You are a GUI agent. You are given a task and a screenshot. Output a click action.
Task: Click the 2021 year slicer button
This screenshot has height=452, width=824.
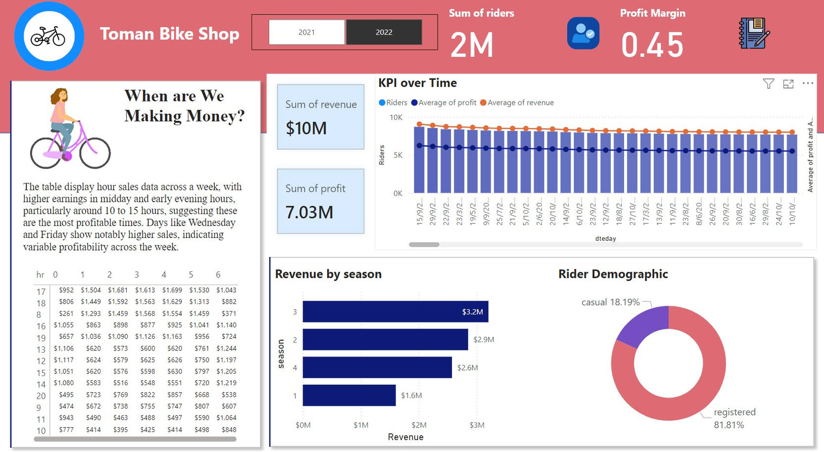point(306,32)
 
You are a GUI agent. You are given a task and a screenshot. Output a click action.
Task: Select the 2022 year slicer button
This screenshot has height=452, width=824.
point(384,32)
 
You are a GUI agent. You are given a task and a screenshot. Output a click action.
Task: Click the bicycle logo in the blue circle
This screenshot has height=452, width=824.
point(48,36)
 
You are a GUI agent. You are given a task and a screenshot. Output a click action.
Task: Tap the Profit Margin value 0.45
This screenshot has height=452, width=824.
point(652,45)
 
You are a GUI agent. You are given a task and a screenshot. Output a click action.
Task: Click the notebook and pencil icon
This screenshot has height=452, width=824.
point(754,33)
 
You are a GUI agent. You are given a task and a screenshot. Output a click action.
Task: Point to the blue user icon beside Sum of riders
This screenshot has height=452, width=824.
point(583,33)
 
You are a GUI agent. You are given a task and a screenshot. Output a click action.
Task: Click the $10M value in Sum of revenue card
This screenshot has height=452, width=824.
point(306,128)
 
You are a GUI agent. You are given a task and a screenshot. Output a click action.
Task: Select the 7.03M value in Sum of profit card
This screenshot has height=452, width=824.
point(309,212)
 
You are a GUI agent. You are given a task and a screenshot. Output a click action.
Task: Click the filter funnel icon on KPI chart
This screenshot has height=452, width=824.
point(768,84)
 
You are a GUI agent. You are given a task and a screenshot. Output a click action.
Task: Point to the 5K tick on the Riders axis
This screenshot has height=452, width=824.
point(398,155)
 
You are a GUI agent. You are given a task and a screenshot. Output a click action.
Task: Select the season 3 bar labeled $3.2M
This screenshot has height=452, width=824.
point(395,312)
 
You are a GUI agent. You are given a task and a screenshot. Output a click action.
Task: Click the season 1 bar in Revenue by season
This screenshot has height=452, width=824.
point(349,395)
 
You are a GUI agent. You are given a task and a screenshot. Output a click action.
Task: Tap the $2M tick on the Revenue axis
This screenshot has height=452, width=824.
point(419,425)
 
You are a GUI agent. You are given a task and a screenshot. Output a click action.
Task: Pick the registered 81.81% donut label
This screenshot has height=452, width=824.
point(734,418)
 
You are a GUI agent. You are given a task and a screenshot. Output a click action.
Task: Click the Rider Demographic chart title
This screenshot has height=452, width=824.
point(613,274)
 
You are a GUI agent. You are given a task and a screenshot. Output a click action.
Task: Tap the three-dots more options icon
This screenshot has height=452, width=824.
point(808,84)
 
